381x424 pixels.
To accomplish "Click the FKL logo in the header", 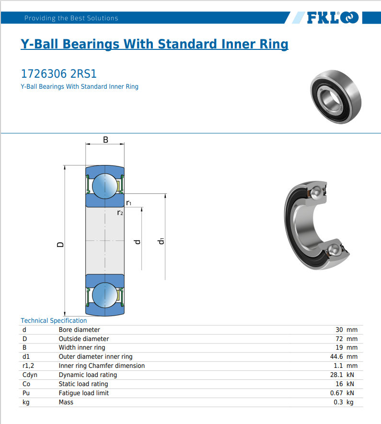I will click(x=332, y=18).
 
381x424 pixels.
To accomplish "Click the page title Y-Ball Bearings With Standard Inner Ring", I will click(x=154, y=44).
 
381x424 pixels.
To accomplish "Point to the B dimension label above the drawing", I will click(x=105, y=140).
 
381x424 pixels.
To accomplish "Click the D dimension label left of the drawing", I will click(x=60, y=244).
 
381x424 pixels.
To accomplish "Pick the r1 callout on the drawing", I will click(x=129, y=203).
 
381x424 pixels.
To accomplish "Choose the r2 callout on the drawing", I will click(x=120, y=212).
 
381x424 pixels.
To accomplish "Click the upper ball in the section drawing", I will click(x=105, y=185).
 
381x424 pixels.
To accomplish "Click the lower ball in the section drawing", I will click(x=105, y=294).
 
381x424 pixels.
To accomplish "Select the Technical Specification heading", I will click(x=54, y=320).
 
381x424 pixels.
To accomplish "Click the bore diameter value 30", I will click(x=339, y=330).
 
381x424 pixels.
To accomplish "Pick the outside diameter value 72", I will click(x=339, y=339).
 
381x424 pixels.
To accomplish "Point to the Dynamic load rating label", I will click(x=88, y=375).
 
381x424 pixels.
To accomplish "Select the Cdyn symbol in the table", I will click(x=30, y=375).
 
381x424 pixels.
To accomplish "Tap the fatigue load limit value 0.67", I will click(x=336, y=393).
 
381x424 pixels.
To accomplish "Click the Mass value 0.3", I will click(x=338, y=402).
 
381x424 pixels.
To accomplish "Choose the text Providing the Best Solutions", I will click(x=71, y=18).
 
